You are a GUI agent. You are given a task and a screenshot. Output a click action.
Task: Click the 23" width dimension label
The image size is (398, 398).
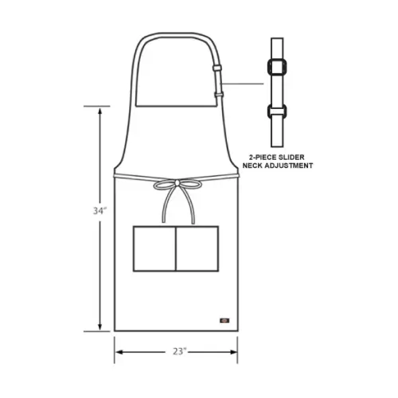[178, 350]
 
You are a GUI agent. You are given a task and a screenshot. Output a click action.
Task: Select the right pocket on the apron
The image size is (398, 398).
[196, 248]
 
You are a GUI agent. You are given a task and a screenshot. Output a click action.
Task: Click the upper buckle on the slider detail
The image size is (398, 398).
[277, 68]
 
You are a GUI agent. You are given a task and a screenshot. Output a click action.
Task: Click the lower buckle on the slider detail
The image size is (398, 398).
[277, 111]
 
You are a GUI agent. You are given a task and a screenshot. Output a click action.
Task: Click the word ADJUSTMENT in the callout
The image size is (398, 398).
[289, 166]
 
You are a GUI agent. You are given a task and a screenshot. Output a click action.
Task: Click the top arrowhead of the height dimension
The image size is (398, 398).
[99, 111]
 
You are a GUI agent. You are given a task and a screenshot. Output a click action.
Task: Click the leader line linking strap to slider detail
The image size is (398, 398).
[243, 83]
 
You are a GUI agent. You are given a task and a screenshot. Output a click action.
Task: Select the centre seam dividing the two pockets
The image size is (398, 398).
[174, 248]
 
